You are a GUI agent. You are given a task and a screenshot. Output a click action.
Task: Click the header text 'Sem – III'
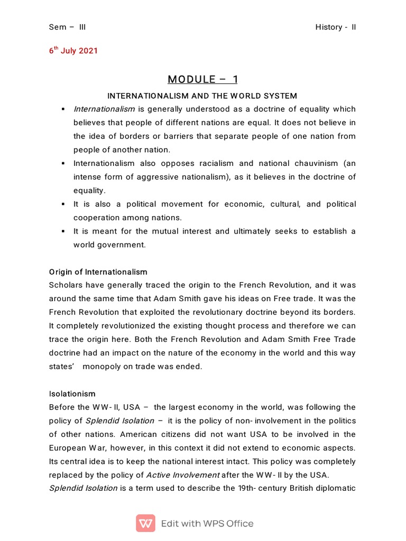coord(67,27)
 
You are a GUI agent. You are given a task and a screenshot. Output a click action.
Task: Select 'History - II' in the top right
coord(336,27)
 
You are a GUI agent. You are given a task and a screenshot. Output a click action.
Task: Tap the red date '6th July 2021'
coord(73,51)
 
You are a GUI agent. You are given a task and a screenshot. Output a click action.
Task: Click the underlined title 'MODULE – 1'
coord(203,79)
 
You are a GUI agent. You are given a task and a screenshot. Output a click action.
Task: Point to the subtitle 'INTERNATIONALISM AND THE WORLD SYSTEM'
coord(202,96)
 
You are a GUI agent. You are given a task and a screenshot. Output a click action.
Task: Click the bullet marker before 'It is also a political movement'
coord(62,204)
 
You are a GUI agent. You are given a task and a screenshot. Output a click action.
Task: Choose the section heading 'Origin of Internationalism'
coord(98,272)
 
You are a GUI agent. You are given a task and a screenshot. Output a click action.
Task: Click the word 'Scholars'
coord(66,285)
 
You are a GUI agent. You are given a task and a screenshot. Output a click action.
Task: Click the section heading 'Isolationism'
coord(72,394)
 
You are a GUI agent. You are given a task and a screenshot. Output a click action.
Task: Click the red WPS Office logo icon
coord(145,524)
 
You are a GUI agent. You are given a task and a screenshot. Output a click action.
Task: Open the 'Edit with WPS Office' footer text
coord(207,524)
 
